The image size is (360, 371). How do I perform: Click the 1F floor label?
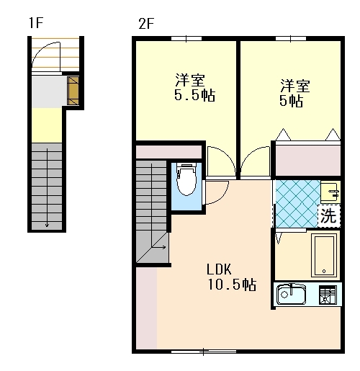[36, 23]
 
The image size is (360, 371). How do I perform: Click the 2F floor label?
[146, 24]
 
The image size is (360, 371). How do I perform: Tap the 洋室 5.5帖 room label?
[194, 87]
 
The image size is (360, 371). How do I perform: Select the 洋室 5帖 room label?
[295, 93]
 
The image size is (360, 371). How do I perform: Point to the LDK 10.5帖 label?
[232, 277]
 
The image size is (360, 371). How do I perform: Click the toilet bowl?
[186, 179]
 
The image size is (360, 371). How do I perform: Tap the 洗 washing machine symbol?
[329, 215]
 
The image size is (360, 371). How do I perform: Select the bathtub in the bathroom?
[324, 256]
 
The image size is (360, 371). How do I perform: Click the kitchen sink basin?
[291, 294]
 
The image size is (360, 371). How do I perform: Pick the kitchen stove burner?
[328, 295]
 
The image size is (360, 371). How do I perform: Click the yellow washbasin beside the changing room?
[330, 192]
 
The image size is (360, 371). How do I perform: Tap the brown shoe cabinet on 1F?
[73, 91]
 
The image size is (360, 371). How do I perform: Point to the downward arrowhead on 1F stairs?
[47, 225]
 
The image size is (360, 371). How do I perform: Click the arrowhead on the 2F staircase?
[164, 247]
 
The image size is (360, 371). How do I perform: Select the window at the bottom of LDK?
[204, 352]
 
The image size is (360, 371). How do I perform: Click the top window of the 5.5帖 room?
[186, 38]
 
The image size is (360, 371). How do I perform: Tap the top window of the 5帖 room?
[291, 38]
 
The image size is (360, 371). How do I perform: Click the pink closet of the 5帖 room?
[308, 160]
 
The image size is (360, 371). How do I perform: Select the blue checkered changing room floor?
[297, 204]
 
